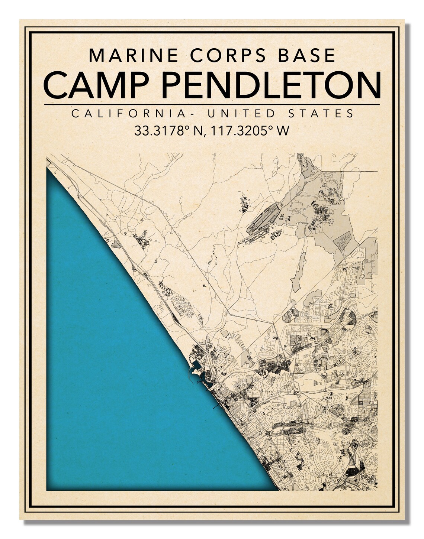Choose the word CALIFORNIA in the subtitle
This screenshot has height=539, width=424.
129,113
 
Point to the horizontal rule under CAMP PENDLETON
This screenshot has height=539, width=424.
212,104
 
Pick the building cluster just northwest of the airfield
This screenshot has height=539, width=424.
244,204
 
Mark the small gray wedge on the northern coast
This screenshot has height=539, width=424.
115,244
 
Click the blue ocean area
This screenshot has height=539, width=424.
119,371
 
